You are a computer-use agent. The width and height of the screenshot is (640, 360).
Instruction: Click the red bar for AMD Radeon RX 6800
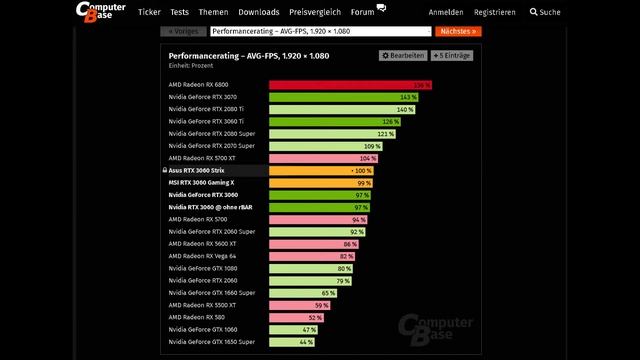point(350,85)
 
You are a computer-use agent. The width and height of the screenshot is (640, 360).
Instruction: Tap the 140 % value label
point(405,109)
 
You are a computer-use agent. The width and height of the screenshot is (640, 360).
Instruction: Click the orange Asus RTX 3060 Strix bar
point(320,170)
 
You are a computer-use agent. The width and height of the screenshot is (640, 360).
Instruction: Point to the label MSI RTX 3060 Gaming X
point(201,183)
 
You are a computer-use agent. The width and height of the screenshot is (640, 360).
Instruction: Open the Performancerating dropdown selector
point(320,32)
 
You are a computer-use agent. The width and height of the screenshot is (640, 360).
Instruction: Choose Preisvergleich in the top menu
point(314,12)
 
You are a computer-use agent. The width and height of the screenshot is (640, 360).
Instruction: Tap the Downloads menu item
point(259,12)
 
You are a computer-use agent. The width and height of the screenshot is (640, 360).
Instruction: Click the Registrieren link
point(495,12)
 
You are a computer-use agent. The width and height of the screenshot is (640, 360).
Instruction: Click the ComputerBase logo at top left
point(100,12)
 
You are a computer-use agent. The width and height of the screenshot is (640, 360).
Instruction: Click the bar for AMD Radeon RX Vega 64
point(313,256)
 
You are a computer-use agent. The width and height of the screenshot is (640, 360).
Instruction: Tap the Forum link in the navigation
point(362,12)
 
